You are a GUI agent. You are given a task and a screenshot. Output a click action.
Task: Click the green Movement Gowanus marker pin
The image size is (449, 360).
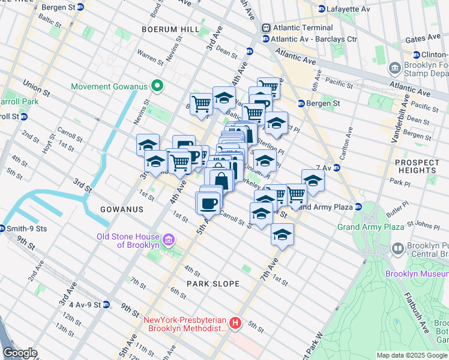pyautogui.click(x=158, y=86)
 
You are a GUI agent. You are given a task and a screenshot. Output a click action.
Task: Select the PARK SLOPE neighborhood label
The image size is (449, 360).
pyautogui.click(x=212, y=284)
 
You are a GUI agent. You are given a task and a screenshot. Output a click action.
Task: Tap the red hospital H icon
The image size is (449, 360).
pyautogui.click(x=235, y=323)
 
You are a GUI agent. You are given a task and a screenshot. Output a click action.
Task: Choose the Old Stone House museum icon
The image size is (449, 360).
pyautogui.click(x=169, y=241)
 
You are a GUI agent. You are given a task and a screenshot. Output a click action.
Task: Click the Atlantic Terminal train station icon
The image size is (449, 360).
pyautogui.click(x=265, y=28)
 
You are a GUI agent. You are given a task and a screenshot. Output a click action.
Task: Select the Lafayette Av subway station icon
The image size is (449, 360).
pyautogui.click(x=322, y=9)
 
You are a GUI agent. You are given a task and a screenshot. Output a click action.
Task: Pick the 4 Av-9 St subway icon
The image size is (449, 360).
pyautogui.click(x=106, y=304)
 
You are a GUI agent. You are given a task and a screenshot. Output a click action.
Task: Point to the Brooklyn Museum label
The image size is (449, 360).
pyautogui.click(x=417, y=274)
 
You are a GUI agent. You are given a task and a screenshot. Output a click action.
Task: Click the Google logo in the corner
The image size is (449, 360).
pyautogui.click(x=20, y=353)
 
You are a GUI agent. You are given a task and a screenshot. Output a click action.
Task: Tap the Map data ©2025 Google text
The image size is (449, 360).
pyautogui.click(x=412, y=355)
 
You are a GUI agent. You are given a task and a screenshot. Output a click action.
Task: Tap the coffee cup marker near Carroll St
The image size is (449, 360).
pyautogui.click(x=208, y=203)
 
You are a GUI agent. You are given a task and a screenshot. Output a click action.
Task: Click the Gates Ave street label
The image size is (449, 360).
pyautogui.click(x=424, y=38)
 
